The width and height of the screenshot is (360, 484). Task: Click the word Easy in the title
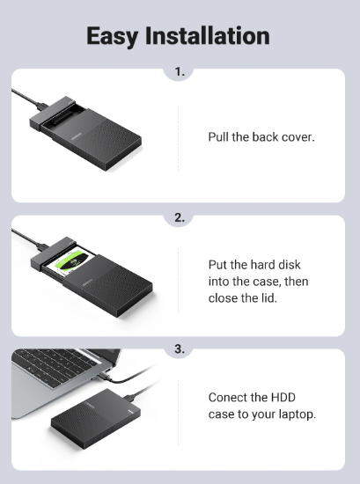(112, 37)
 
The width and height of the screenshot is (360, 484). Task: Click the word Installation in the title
(208, 35)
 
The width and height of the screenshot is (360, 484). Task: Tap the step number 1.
(180, 72)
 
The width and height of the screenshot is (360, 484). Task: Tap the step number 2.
(180, 218)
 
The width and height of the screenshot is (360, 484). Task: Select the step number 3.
(180, 349)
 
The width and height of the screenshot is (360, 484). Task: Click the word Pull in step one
(218, 137)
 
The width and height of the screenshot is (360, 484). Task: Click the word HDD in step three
(283, 398)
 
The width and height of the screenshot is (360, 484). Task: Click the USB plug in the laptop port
(105, 376)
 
